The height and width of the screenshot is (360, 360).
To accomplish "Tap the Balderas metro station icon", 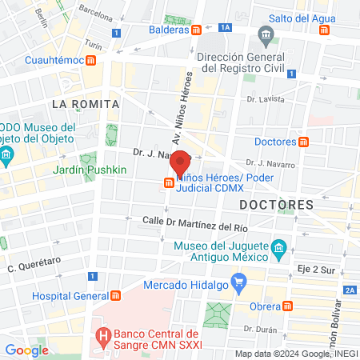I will pyautogui.click(x=197, y=30).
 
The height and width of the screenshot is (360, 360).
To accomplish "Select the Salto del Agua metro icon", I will pyautogui.click(x=324, y=30).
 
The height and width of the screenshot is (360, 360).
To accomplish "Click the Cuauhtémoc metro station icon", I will pyautogui.click(x=92, y=60).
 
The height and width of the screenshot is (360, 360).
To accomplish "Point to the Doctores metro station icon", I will pyautogui.click(x=303, y=142).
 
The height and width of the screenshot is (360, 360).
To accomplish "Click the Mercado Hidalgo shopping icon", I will pyautogui.click(x=238, y=282).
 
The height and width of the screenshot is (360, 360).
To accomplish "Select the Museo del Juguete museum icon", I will pyautogui.click(x=278, y=250).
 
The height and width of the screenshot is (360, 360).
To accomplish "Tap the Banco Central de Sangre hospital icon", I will pyautogui.click(x=102, y=334).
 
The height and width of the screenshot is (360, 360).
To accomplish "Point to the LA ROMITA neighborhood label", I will pyautogui.click(x=85, y=104).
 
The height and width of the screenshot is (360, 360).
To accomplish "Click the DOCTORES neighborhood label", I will pyautogui.click(x=276, y=205).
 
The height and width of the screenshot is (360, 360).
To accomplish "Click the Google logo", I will pyautogui.click(x=26, y=350).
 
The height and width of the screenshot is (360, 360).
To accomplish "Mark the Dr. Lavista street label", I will pyautogui.click(x=266, y=99).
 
